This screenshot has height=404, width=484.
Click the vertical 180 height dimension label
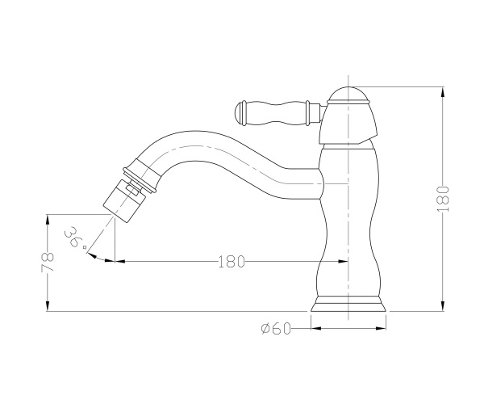pos(443,199)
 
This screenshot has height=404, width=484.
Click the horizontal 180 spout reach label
pos(232,262)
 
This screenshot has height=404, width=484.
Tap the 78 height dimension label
pos(48,262)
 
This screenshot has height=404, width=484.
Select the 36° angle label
pos(75,238)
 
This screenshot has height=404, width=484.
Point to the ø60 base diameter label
pos(276,328)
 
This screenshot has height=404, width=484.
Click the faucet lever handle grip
pos(276,113)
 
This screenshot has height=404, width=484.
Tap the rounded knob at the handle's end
pos(240,113)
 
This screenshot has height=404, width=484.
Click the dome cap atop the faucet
pos(348,95)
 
